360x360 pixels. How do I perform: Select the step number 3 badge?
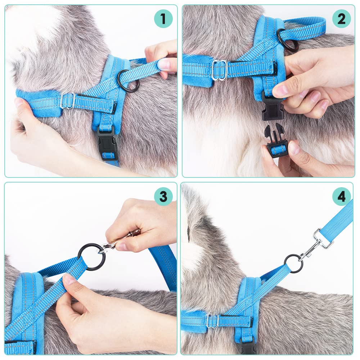coord(163,197)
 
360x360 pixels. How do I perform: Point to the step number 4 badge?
coord(341,197)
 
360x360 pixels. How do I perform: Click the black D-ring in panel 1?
coord(129,81)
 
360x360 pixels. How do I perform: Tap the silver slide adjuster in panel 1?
coord(68,101)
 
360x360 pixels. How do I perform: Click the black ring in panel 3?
coord(92,257)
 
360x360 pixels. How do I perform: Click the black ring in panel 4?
coord(293,263)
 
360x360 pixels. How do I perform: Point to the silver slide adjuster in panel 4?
coord(213,321)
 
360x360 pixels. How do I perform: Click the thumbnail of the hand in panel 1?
coord(164,64)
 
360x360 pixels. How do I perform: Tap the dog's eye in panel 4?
coord(188,234)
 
